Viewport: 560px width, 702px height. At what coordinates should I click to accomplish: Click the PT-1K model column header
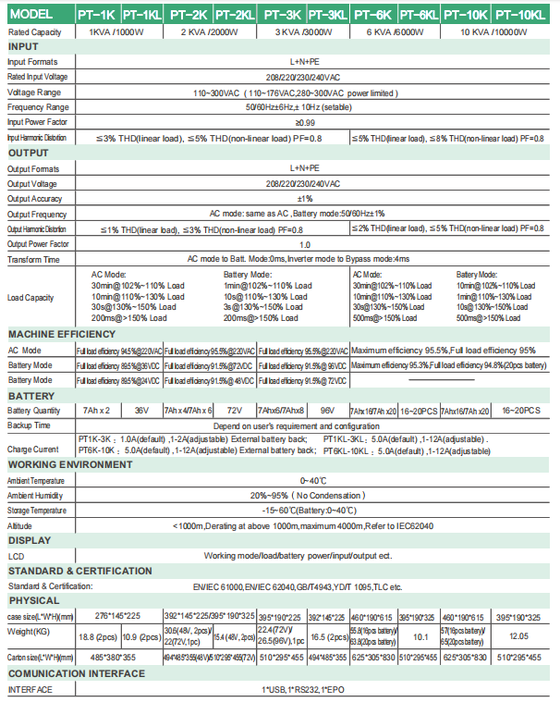coord(97,16)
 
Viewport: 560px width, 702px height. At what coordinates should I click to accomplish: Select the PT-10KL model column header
coord(517,16)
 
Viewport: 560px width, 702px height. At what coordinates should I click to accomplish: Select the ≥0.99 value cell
coord(305,121)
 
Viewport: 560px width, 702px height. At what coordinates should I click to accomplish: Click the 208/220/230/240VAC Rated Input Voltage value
coord(305,77)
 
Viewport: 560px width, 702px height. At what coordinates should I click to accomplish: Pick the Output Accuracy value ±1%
coord(305,198)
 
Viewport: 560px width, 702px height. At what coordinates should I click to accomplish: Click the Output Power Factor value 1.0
coord(305,243)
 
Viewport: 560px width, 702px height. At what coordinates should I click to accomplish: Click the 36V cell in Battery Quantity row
coord(141,410)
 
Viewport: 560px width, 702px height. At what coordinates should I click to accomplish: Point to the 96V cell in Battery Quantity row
coord(327,410)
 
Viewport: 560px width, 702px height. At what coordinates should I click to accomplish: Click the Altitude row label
coord(20,524)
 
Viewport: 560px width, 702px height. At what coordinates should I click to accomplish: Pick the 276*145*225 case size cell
coord(117,615)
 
